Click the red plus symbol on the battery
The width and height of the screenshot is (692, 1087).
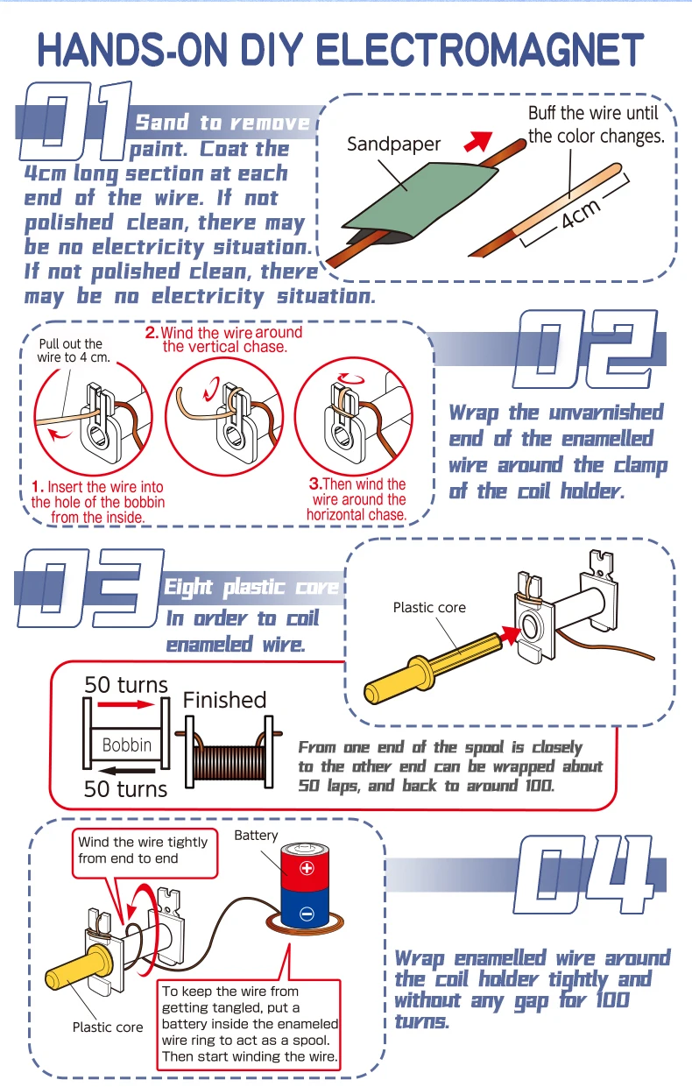(x=307, y=868)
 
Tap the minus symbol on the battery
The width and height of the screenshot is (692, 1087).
(x=307, y=914)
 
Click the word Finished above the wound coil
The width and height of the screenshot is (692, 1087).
(x=224, y=700)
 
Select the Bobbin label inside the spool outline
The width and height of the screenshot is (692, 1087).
(x=127, y=745)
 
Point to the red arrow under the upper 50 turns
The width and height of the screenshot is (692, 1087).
(x=125, y=703)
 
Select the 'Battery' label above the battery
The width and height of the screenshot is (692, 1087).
(x=256, y=836)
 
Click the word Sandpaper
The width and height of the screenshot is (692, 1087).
(x=394, y=144)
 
